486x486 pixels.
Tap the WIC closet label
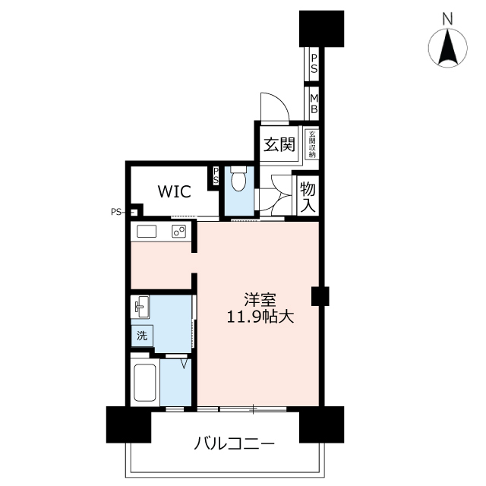[x=174, y=191]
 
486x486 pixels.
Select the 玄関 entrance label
[x=279, y=144]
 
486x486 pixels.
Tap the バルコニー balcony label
[x=234, y=443]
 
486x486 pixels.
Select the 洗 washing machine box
[x=142, y=334]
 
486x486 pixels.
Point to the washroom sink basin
[x=142, y=308]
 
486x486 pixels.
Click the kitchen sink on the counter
[x=146, y=232]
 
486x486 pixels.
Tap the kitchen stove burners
[x=179, y=232]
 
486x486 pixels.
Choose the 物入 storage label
[x=308, y=196]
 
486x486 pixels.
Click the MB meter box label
[x=313, y=103]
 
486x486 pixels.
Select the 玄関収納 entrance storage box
[x=311, y=144]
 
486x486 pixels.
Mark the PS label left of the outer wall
[x=115, y=212]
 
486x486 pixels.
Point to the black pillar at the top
[x=322, y=29]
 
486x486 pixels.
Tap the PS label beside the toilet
[x=216, y=177]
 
